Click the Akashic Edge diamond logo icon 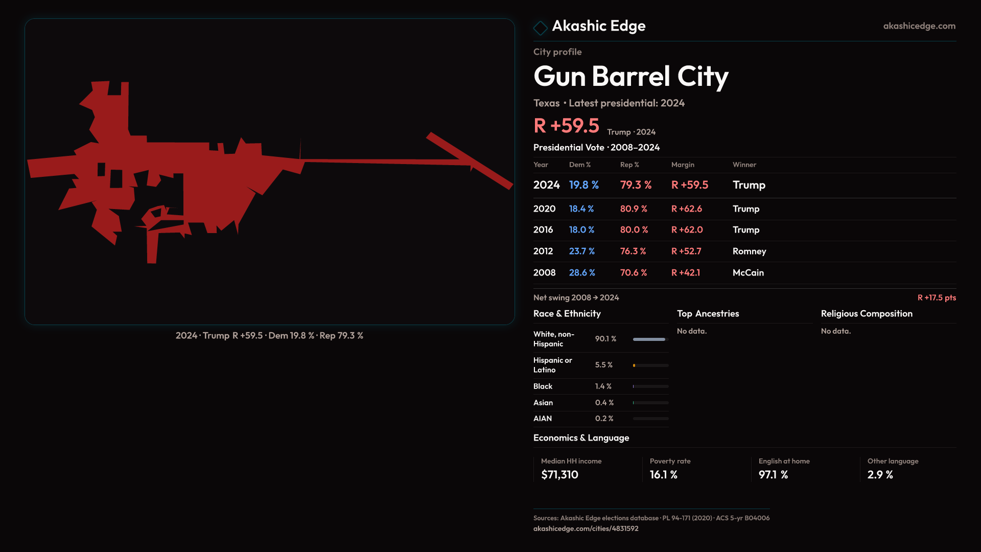pyautogui.click(x=540, y=28)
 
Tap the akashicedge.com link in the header pyautogui.click(x=919, y=26)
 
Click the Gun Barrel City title pyautogui.click(x=630, y=77)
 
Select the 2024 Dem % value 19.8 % pyautogui.click(x=583, y=185)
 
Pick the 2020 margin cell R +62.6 pyautogui.click(x=686, y=209)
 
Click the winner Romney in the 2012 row pyautogui.click(x=749, y=251)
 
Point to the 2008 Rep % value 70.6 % pyautogui.click(x=633, y=272)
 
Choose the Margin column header pyautogui.click(x=683, y=165)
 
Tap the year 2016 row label pyautogui.click(x=543, y=229)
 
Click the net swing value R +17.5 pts pyautogui.click(x=936, y=297)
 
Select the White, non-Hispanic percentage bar pyautogui.click(x=650, y=339)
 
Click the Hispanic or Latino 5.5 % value pyautogui.click(x=603, y=365)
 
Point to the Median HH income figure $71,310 pyautogui.click(x=559, y=474)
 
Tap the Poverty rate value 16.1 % pyautogui.click(x=663, y=474)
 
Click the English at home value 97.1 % pyautogui.click(x=773, y=474)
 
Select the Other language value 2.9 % pyautogui.click(x=880, y=474)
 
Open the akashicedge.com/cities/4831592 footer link pyautogui.click(x=586, y=528)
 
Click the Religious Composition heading pyautogui.click(x=866, y=313)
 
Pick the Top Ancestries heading pyautogui.click(x=708, y=313)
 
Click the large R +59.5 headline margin pyautogui.click(x=566, y=126)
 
